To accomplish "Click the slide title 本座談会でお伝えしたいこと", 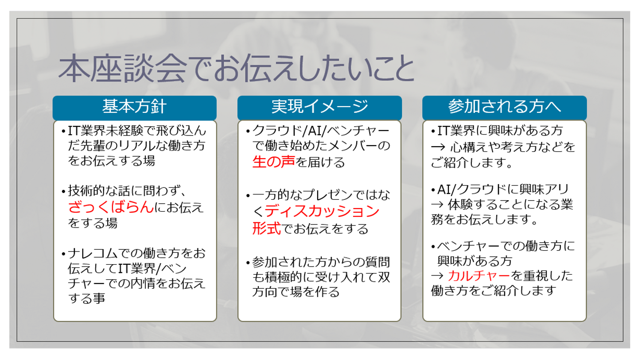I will (x=236, y=69).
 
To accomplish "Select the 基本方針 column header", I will (x=134, y=107).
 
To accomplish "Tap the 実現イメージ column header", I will (x=319, y=107).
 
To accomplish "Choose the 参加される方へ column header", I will (x=504, y=107).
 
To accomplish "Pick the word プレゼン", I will (x=330, y=195).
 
